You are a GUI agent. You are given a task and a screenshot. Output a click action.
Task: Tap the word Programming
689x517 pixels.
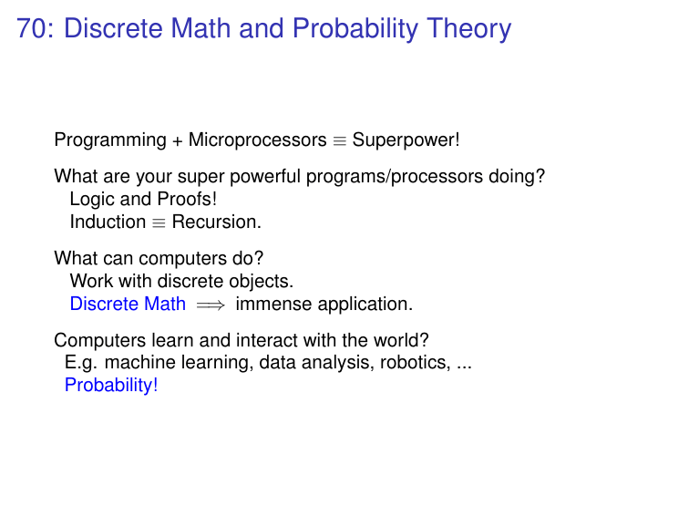pos(110,140)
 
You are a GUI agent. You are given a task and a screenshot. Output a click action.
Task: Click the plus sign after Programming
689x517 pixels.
pos(178,141)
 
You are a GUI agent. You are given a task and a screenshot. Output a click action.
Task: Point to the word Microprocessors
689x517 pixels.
pos(258,140)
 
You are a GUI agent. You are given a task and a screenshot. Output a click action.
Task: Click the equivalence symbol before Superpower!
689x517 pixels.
pos(340,141)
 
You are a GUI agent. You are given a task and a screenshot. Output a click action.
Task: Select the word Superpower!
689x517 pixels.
pos(406,140)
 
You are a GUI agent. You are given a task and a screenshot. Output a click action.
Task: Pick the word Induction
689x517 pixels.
pos(108,222)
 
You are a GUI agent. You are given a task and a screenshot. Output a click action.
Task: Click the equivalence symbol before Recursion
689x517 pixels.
pos(159,223)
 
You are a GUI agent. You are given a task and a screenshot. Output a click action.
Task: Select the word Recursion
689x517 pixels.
pos(217,222)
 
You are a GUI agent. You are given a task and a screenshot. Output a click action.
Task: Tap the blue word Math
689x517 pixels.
pos(165,304)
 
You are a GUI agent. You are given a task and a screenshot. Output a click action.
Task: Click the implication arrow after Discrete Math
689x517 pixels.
pos(211,305)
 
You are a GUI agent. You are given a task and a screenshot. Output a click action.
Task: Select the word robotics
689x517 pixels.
pos(416,363)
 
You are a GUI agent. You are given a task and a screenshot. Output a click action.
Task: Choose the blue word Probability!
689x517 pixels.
pos(111,386)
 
